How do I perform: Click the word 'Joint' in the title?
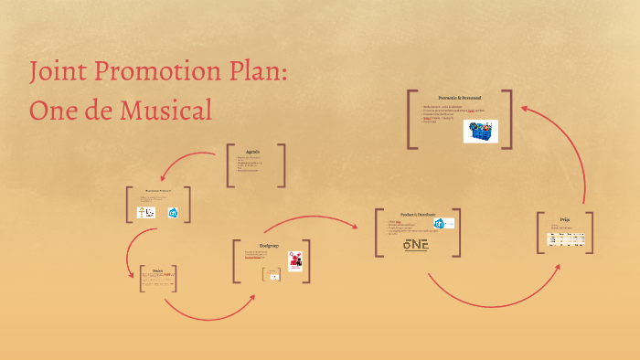coord(58,72)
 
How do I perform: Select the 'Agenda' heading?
coord(253,152)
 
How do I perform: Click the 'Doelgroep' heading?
coord(268,245)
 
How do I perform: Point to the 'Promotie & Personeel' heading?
coord(459,97)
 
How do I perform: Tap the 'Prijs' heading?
coord(565,219)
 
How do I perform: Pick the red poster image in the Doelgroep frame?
coord(295,260)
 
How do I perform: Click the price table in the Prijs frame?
coord(565,239)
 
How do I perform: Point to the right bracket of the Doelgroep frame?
coord(307,262)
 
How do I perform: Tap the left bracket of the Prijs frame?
coord(539,232)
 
